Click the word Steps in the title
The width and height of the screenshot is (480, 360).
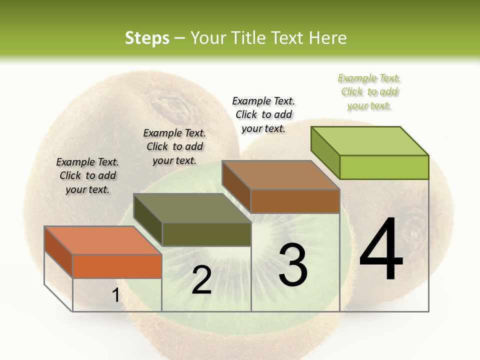coord(147,38)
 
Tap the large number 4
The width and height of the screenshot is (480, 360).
coord(381,250)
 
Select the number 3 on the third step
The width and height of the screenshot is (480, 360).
coord(292,265)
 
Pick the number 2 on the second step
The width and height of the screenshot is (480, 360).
coord(201,280)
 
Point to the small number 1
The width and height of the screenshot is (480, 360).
coord(115,295)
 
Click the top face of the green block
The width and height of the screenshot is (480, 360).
coord(369,141)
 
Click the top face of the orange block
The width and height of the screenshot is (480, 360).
coord(103,240)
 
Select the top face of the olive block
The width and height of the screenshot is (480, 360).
coord(192,208)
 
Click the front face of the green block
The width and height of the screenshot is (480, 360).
coord(384,167)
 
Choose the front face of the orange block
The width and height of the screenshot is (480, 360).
coord(117,266)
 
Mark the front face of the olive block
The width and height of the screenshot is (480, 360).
coord(206,234)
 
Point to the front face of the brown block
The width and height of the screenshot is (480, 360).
coord(295,201)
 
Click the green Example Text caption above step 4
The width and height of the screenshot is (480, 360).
coord(369,91)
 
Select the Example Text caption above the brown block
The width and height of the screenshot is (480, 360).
coord(263,114)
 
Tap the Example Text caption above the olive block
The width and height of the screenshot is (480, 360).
coord(174,146)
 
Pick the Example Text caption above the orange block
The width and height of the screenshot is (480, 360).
coord(87,175)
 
